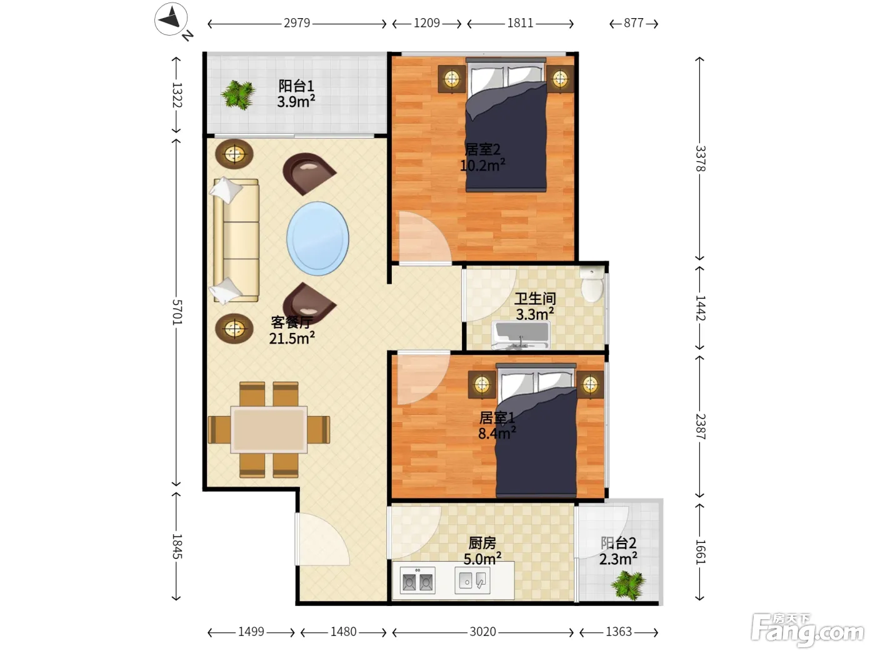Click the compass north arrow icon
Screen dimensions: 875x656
(171, 19)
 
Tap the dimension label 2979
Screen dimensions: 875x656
(297, 23)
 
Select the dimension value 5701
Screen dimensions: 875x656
(177, 312)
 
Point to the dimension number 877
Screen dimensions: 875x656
(633, 23)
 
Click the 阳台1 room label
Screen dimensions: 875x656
(296, 86)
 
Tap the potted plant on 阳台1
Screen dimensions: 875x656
(238, 94)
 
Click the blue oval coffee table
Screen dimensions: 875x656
(317, 238)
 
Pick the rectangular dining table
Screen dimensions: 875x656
(269, 429)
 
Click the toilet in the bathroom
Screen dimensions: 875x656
(592, 284)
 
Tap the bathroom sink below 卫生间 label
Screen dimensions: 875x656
(521, 335)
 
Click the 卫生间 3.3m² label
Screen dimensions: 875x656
(535, 306)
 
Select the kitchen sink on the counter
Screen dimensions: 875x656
(472, 580)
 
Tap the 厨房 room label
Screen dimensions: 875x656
(482, 543)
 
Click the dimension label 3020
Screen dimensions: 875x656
(482, 632)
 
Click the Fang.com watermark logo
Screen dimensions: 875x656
(807, 630)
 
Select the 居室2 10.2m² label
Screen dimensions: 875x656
(482, 157)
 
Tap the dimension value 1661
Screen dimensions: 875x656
(701, 552)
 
